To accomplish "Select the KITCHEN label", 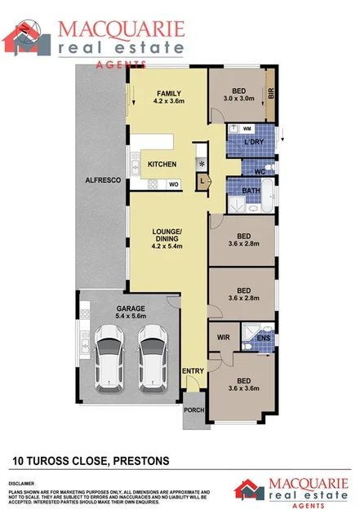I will pyautogui.click(x=162, y=165).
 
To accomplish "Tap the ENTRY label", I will pyautogui.click(x=193, y=371).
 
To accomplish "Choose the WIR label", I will pyautogui.click(x=223, y=336).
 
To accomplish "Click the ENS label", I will pyautogui.click(x=263, y=337).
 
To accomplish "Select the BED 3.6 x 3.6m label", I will pyautogui.click(x=243, y=385).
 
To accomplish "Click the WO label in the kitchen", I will pyautogui.click(x=173, y=184).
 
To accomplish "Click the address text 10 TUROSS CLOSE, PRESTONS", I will pyautogui.click(x=91, y=461).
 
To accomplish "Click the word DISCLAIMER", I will pyautogui.click(x=25, y=483).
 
